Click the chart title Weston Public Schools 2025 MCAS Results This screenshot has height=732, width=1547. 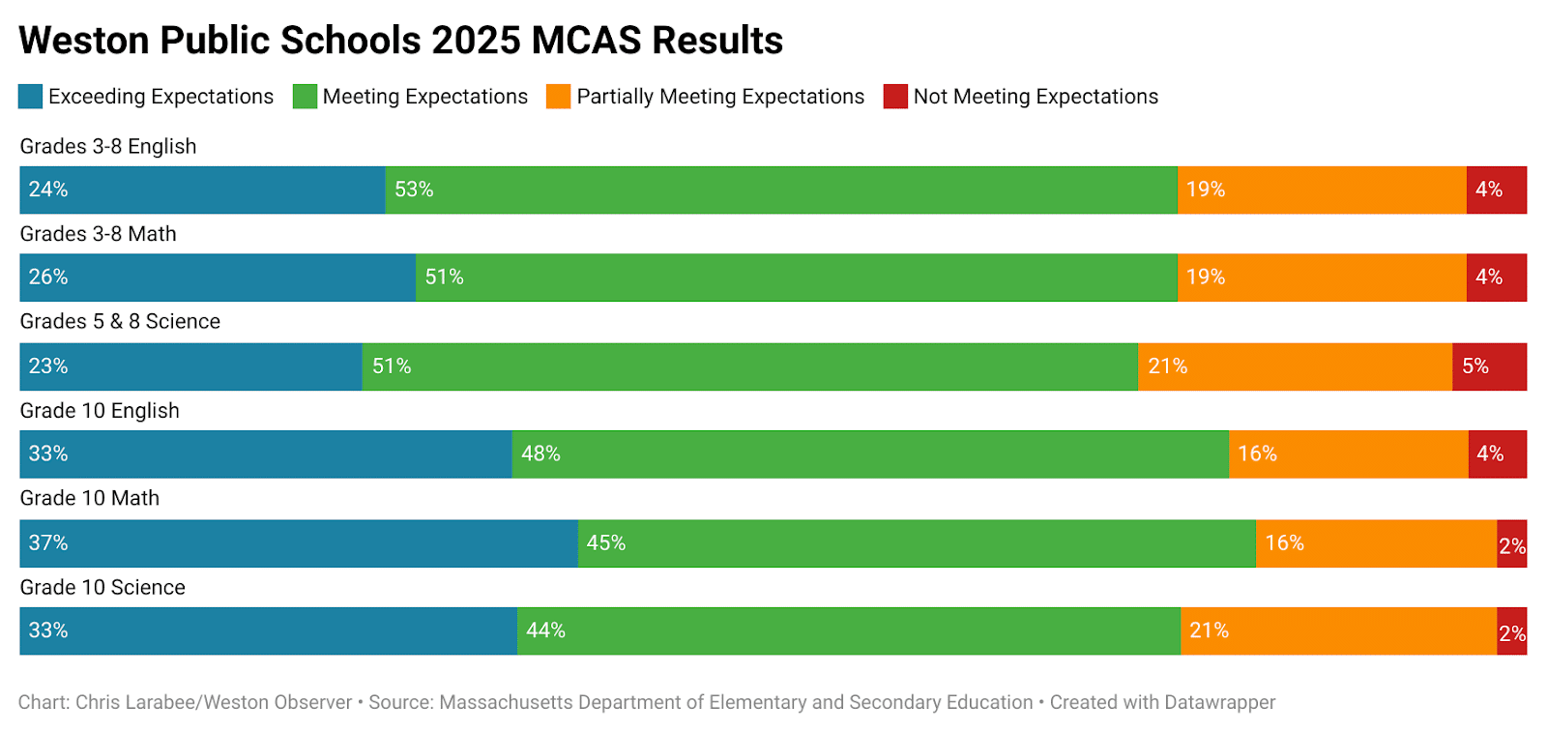[x=400, y=41]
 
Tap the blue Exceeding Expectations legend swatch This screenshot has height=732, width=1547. [x=31, y=97]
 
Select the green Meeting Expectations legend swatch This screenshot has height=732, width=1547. [x=306, y=97]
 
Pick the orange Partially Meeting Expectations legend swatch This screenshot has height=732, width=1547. [x=559, y=97]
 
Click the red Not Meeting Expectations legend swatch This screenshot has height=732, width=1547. [x=895, y=97]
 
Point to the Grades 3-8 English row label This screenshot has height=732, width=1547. [x=108, y=147]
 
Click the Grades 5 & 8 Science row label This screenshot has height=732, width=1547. [x=120, y=322]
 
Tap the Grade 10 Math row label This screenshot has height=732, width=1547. [x=90, y=499]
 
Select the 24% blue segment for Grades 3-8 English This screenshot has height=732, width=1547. [x=202, y=190]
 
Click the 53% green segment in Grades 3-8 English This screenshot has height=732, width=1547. [x=781, y=190]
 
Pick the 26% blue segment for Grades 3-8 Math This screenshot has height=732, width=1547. [x=218, y=278]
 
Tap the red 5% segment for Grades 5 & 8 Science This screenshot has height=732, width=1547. [x=1489, y=366]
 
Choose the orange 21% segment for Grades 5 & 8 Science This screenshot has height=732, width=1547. [x=1295, y=366]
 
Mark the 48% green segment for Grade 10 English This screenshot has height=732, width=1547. [x=870, y=454]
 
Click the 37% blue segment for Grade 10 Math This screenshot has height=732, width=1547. [x=299, y=543]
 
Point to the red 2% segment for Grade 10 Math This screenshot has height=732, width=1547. [x=1512, y=543]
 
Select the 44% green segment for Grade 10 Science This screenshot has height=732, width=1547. [x=849, y=631]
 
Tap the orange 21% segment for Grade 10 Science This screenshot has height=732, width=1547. [x=1338, y=631]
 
